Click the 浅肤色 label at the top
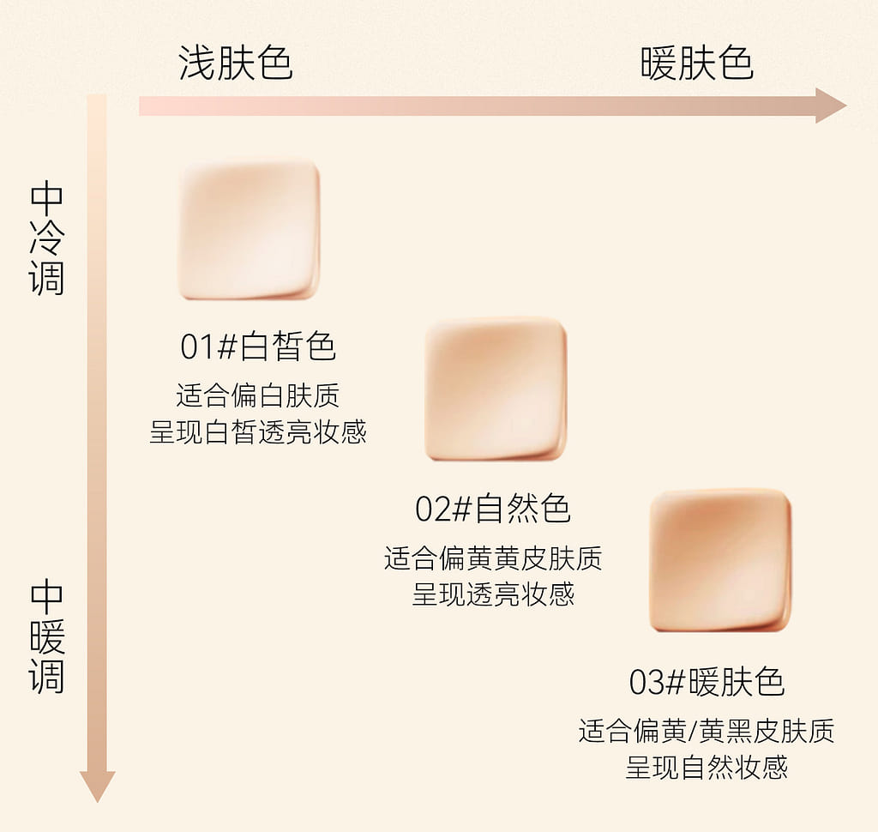236,63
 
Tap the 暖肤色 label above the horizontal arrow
696,63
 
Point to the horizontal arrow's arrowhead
830,105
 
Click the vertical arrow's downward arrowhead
98,785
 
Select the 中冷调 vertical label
47,238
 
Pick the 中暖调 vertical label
47,637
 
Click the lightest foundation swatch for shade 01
249,230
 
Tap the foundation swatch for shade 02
496,389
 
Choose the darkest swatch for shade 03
720,560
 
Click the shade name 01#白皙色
258,346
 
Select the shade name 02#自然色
493,509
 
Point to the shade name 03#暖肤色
707,682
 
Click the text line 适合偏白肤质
258,395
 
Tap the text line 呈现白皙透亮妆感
258,431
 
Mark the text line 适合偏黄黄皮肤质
493,558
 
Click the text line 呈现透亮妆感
493,594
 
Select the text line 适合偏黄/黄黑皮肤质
707,731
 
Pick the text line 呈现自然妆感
707,767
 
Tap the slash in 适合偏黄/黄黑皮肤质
692,732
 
